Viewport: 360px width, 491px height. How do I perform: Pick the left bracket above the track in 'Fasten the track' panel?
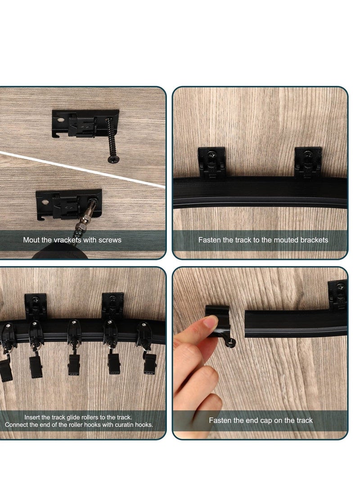(x=211, y=162)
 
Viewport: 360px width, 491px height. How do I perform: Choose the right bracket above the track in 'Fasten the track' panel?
(x=308, y=162)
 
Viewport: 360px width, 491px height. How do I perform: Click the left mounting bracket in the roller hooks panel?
(x=36, y=306)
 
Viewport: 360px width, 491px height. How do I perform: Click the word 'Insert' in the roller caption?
(x=32, y=417)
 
